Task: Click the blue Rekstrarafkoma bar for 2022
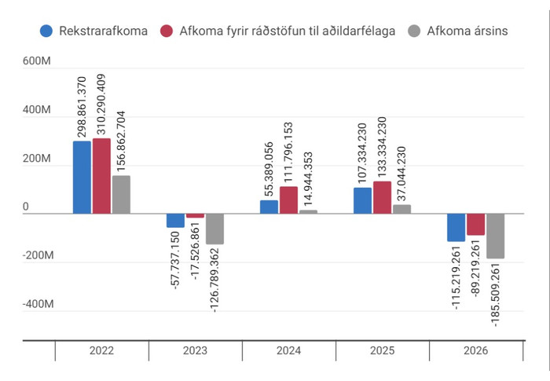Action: pos(82,177)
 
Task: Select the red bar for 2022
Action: pos(101,176)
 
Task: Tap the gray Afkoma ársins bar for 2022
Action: pos(121,194)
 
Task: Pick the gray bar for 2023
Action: pos(214,229)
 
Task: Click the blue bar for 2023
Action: pos(176,221)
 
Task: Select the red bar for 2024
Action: pos(288,200)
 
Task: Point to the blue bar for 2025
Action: pos(362,200)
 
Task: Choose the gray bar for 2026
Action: pos(495,236)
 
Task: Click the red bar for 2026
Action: pos(476,225)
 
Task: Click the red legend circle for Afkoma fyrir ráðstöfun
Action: pos(167,31)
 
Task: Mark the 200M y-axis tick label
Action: pos(37,159)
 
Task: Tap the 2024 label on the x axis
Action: pos(289,352)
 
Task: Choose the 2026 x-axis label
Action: pos(476,352)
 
